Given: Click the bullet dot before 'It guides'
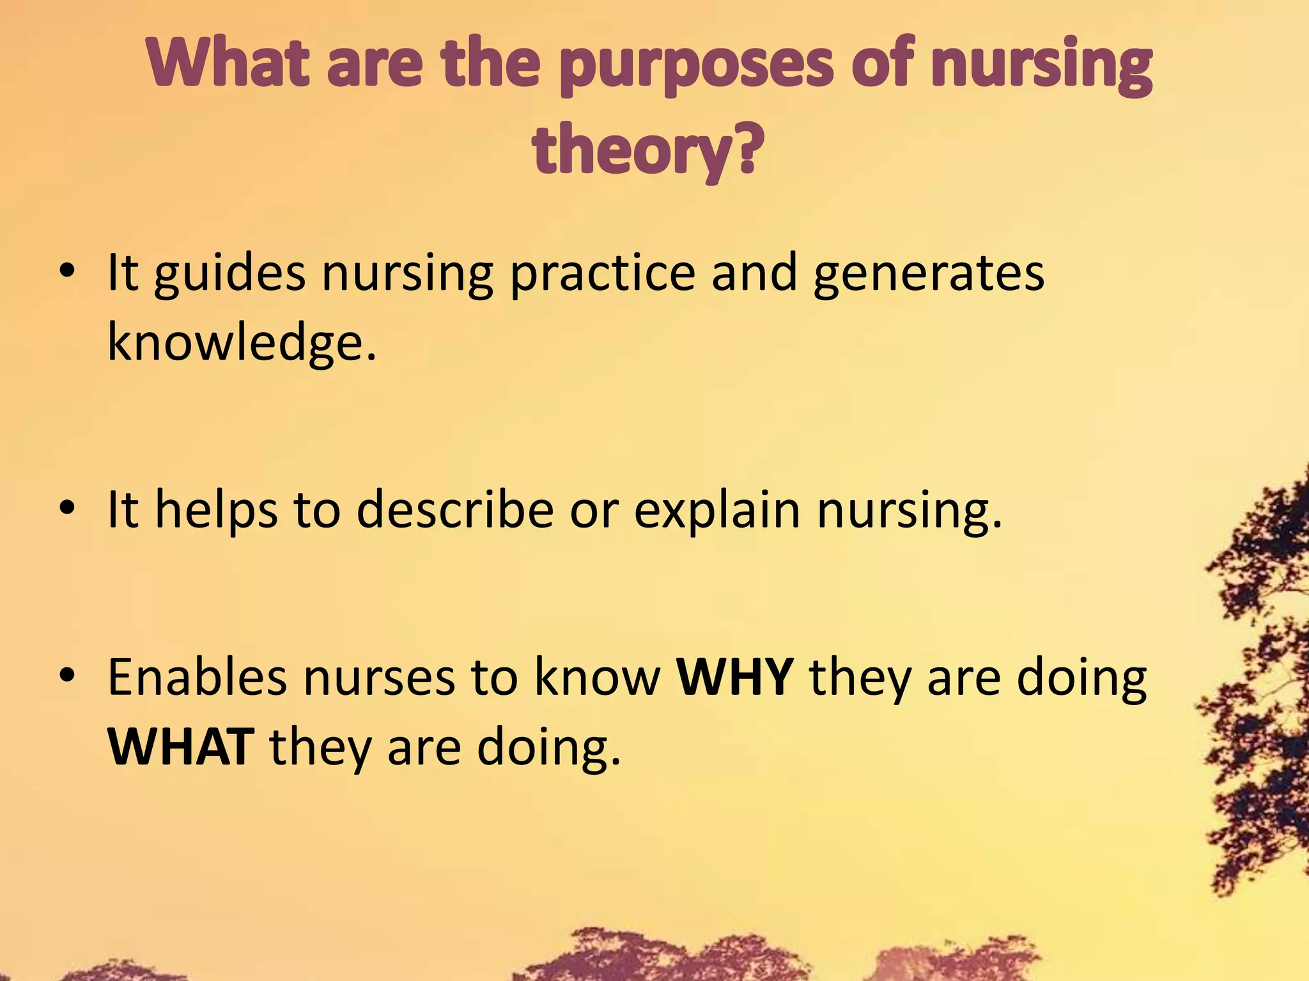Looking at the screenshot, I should (x=66, y=273).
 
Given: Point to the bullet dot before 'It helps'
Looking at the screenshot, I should (x=66, y=509).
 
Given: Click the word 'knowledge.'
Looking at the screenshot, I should (x=242, y=342).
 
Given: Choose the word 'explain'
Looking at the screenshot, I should (x=716, y=511).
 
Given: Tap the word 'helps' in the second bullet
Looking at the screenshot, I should (x=216, y=511).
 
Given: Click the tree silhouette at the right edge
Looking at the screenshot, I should (x=1262, y=671).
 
